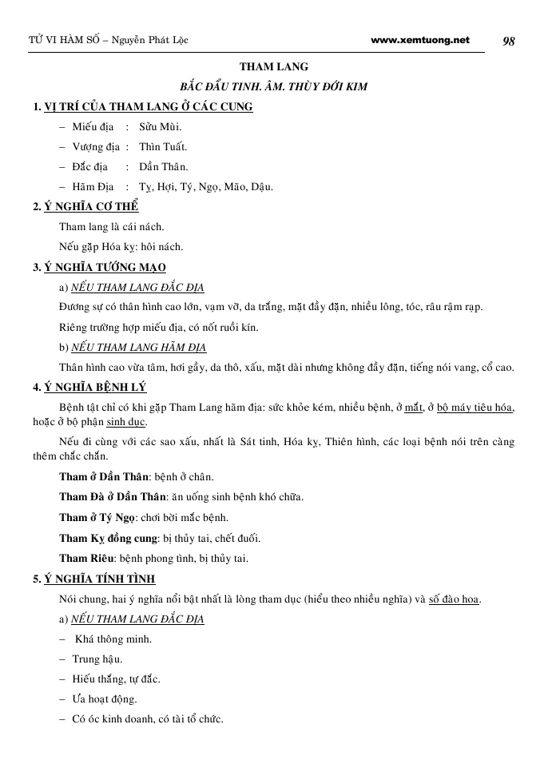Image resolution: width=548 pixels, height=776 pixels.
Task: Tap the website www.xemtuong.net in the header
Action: [x=420, y=40]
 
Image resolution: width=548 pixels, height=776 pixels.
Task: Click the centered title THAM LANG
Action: [x=274, y=66]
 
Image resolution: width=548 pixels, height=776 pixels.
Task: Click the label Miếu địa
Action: [x=93, y=127]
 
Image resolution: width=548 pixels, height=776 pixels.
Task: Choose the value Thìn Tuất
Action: [x=163, y=147]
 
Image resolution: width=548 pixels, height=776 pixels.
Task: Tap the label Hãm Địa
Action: [x=93, y=187]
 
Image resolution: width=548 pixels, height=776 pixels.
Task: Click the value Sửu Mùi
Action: [x=160, y=127]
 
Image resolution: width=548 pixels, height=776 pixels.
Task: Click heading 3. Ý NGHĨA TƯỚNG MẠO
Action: [x=99, y=267]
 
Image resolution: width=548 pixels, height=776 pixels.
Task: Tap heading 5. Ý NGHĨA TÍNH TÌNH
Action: [x=93, y=579]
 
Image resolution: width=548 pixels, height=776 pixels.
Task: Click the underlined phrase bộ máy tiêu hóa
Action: [x=475, y=408]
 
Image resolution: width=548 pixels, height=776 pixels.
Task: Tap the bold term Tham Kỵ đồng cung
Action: [x=108, y=538]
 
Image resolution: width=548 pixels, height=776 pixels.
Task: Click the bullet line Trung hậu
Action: [x=97, y=659]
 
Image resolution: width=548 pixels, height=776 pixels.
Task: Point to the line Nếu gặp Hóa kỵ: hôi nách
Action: [x=121, y=247]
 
